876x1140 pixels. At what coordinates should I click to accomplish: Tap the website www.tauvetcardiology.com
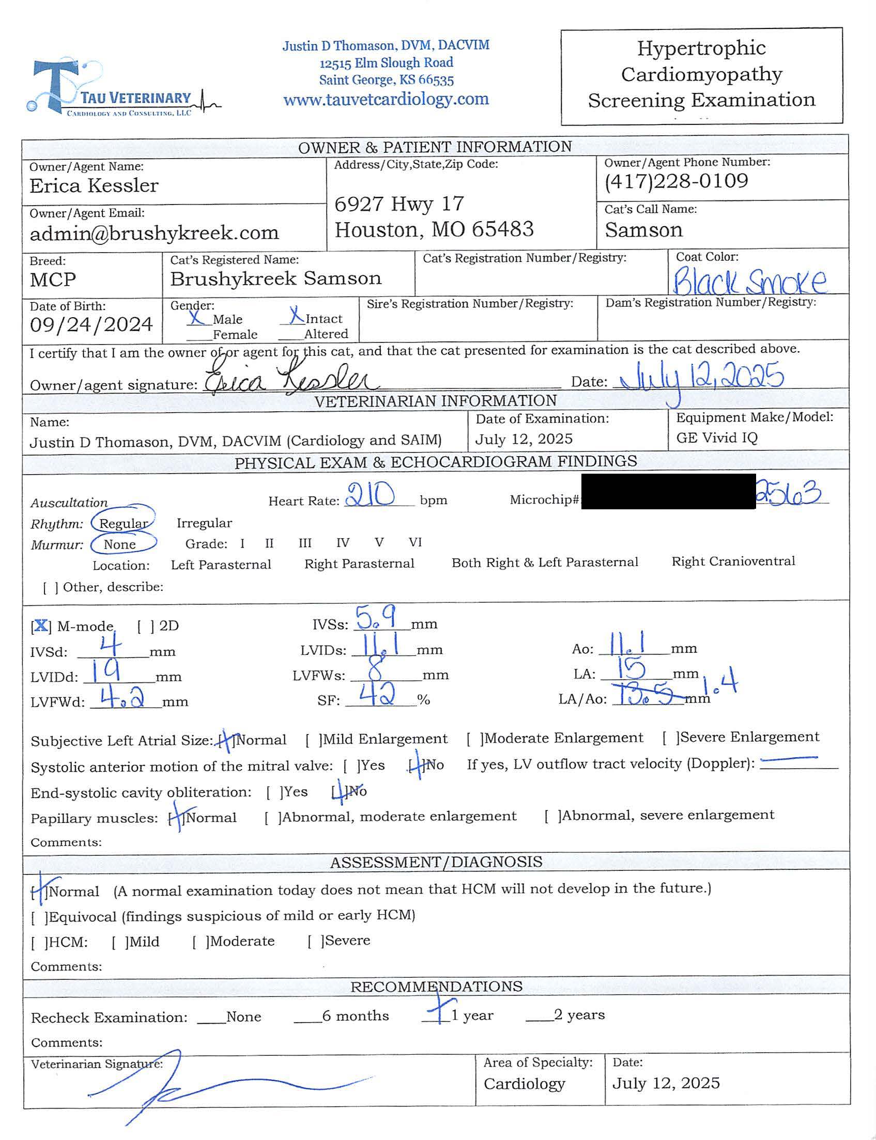tap(386, 99)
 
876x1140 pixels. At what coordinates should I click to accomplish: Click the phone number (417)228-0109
tap(677, 181)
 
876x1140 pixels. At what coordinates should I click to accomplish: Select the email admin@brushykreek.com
tap(155, 233)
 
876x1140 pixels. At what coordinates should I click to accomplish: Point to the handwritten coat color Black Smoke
tap(749, 282)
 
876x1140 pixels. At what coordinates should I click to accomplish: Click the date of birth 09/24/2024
tap(91, 324)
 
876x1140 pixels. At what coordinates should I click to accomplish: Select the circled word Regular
tap(124, 523)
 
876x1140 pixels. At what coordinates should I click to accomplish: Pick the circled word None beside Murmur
tap(120, 544)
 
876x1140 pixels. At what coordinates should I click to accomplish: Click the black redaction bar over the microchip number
tap(668, 491)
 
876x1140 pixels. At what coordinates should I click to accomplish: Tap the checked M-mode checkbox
tap(41, 626)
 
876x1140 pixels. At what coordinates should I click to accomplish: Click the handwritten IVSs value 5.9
tap(375, 618)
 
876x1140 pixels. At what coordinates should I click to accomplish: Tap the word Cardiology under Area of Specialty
tap(524, 1084)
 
